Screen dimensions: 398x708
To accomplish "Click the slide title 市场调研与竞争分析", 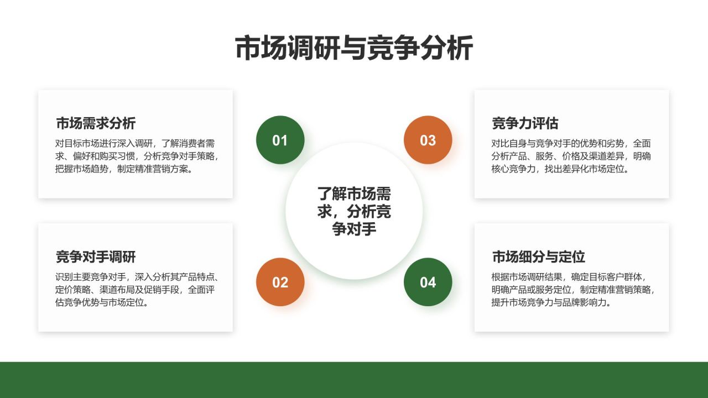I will click(x=354, y=48).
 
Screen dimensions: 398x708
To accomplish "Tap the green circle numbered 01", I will click(x=280, y=140).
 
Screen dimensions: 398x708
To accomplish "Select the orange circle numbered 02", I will click(x=280, y=282).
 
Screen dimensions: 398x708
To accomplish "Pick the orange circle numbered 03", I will click(x=428, y=140).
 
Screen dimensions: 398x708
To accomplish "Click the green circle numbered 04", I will click(x=428, y=282).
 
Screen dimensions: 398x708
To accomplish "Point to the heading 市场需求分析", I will click(x=96, y=123).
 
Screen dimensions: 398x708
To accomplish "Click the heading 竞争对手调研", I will click(x=96, y=256).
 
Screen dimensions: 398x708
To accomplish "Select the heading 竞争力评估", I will click(x=525, y=123).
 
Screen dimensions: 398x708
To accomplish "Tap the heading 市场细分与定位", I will click(x=538, y=256).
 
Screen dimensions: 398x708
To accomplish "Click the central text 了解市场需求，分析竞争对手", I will click(x=354, y=211).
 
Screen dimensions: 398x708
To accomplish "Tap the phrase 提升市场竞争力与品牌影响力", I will click(x=550, y=303).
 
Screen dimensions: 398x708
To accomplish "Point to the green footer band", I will click(x=354, y=380).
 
